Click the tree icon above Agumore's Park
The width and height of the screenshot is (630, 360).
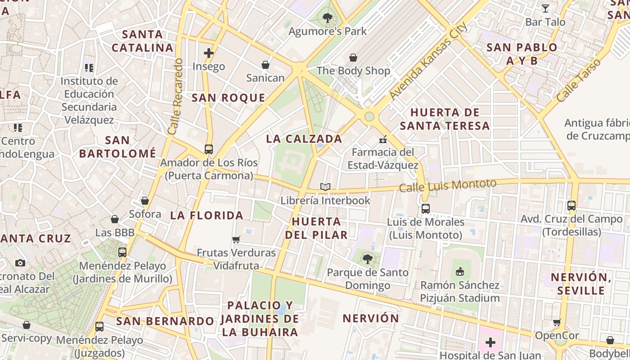click(x=327, y=18)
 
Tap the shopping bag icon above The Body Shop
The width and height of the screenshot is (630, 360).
click(x=353, y=58)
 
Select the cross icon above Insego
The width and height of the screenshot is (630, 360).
click(x=209, y=53)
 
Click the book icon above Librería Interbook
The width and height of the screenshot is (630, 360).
click(x=325, y=187)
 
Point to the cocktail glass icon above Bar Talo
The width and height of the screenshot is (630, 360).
click(x=545, y=8)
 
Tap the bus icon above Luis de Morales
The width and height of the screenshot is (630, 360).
click(x=425, y=209)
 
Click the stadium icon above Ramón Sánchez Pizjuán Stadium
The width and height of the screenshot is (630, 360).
click(x=459, y=272)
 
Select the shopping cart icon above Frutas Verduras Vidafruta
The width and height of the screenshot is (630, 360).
click(x=236, y=239)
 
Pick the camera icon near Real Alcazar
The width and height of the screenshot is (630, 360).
click(x=20, y=263)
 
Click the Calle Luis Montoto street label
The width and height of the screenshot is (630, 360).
click(x=448, y=185)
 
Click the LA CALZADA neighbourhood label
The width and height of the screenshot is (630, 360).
click(x=304, y=139)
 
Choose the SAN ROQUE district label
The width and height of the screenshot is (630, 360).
click(x=229, y=98)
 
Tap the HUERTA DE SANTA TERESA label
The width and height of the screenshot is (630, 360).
click(x=445, y=119)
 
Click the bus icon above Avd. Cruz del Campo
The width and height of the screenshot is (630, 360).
click(x=571, y=206)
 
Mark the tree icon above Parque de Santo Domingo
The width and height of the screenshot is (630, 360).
click(x=368, y=259)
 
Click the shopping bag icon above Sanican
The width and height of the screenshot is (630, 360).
click(x=265, y=65)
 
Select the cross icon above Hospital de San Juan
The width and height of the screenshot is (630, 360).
click(x=490, y=343)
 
